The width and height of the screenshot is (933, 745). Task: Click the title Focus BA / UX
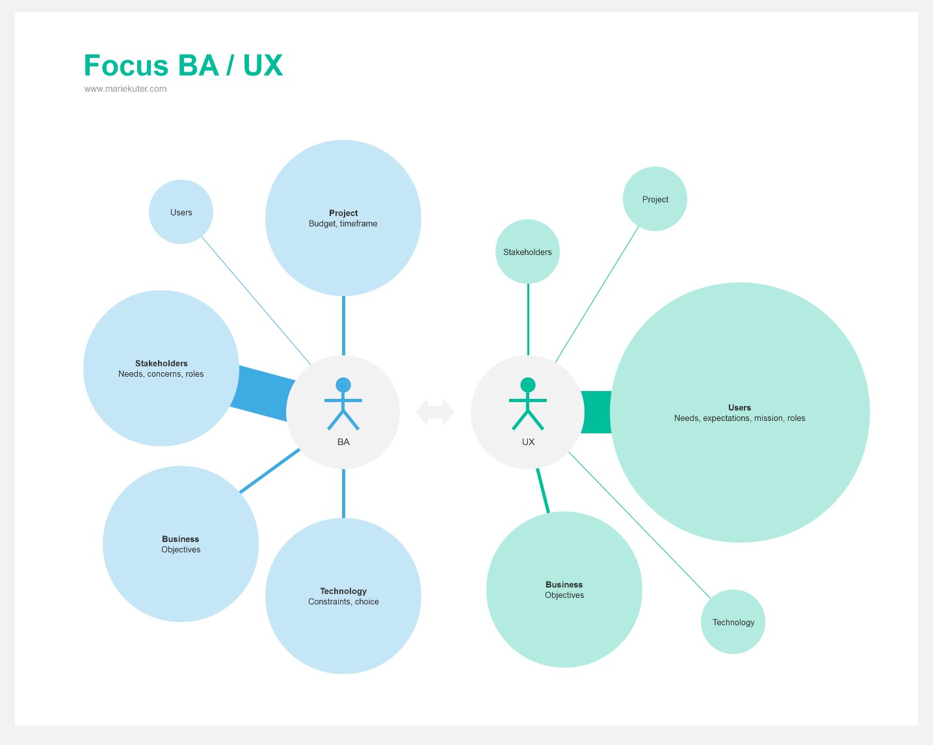pyautogui.click(x=183, y=66)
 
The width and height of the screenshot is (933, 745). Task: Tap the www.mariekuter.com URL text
pyautogui.click(x=125, y=89)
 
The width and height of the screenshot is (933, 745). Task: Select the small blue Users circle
pyautogui.click(x=181, y=212)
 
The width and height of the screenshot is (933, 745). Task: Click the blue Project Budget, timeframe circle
pyautogui.click(x=343, y=218)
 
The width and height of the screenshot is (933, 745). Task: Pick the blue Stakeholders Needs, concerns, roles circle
pyautogui.click(x=161, y=368)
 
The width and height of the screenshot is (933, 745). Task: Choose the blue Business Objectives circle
pyautogui.click(x=181, y=544)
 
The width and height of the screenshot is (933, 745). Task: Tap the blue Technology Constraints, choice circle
pyautogui.click(x=343, y=596)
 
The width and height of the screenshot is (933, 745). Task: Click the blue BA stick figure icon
pyautogui.click(x=343, y=403)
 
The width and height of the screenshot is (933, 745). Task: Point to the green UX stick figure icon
pyautogui.click(x=528, y=403)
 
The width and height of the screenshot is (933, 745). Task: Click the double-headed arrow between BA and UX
pyautogui.click(x=435, y=412)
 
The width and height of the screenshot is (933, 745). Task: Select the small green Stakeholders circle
pyautogui.click(x=527, y=252)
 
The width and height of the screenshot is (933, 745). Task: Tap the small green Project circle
pyautogui.click(x=655, y=199)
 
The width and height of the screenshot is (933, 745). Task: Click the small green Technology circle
pyautogui.click(x=733, y=622)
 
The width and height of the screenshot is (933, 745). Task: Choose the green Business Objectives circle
pyautogui.click(x=564, y=589)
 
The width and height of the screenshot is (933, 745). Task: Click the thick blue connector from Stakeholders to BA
pyautogui.click(x=263, y=393)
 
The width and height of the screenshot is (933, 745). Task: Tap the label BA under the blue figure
pyautogui.click(x=343, y=442)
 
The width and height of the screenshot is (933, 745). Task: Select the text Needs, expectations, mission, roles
pyautogui.click(x=739, y=418)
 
